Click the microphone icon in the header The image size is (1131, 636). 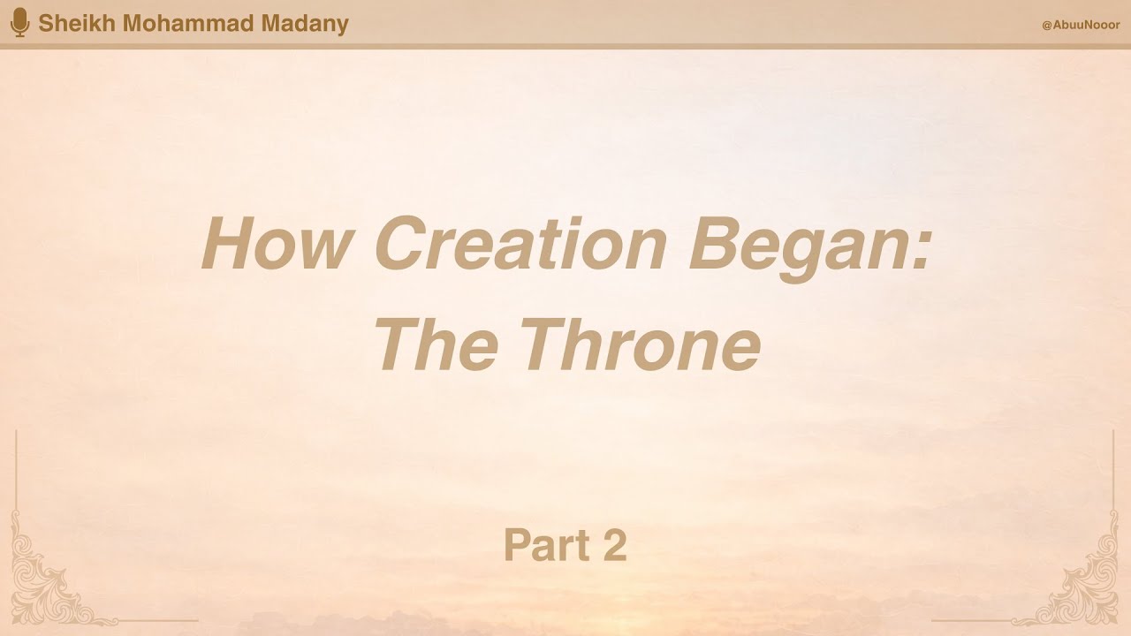coord(19,23)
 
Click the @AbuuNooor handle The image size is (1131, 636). coord(1080,25)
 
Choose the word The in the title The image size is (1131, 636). coord(436,345)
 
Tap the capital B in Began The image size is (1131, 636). coord(717,245)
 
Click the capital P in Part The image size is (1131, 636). coord(517,545)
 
